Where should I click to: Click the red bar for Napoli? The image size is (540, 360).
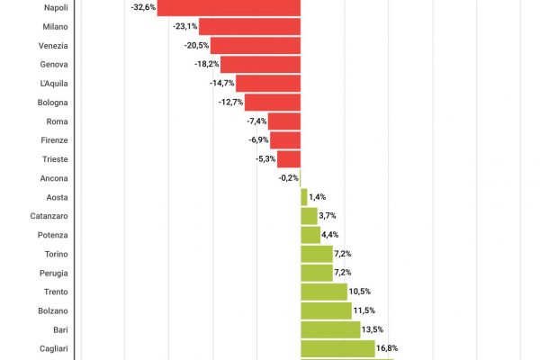229,7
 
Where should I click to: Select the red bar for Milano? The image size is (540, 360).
249,26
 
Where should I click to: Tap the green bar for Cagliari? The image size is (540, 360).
337,348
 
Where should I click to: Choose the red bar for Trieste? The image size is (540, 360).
288,159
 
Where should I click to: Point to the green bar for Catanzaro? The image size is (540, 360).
309,216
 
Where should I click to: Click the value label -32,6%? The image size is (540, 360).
143,7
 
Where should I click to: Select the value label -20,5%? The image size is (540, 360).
196,45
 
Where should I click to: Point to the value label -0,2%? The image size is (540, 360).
288,178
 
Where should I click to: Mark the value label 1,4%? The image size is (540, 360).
317,197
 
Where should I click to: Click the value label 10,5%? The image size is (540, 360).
360,292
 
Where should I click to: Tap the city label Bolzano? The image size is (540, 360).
52,310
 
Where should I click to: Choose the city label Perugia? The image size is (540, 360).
53,273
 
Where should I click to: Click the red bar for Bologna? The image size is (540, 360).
272,102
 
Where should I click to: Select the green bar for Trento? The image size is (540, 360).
323,292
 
